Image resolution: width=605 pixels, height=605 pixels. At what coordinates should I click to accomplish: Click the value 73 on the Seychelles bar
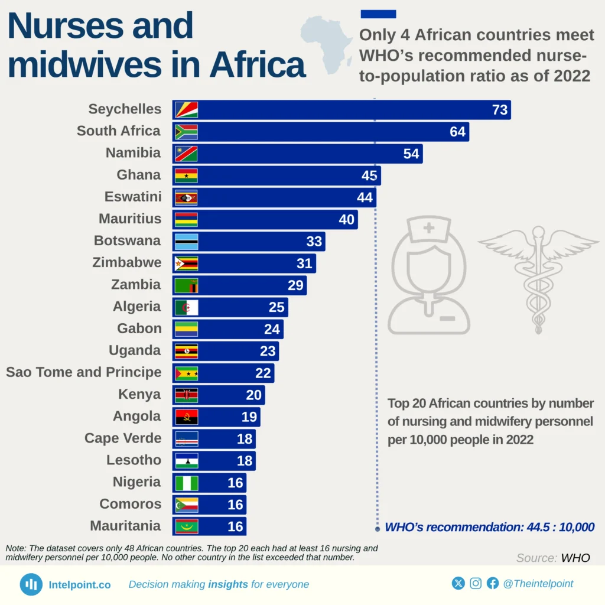click(x=500, y=110)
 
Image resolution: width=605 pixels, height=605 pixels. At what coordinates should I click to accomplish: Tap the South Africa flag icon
click(x=186, y=132)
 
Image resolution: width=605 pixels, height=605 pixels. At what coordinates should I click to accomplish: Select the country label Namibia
click(x=133, y=153)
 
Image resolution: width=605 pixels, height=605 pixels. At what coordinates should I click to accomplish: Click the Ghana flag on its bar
click(x=186, y=175)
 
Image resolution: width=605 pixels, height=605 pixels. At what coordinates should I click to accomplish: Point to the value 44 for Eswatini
click(x=365, y=197)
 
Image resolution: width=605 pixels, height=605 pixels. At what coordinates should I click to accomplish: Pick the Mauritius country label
click(x=129, y=219)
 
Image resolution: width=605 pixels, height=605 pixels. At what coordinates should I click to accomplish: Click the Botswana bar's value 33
click(x=314, y=241)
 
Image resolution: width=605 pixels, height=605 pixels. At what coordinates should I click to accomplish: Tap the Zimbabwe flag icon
click(x=186, y=263)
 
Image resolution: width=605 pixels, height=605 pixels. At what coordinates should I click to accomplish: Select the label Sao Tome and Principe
click(x=83, y=372)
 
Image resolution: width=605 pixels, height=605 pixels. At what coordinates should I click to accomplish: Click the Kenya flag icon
click(x=186, y=395)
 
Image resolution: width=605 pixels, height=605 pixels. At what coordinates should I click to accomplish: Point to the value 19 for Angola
click(x=249, y=417)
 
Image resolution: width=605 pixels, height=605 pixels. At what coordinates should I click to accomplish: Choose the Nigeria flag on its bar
click(x=186, y=483)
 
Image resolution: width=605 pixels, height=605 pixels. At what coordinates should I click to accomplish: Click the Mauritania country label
click(x=125, y=526)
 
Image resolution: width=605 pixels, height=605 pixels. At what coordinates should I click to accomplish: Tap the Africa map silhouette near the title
click(x=326, y=44)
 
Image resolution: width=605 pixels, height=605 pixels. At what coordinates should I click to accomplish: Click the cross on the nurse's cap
click(x=428, y=227)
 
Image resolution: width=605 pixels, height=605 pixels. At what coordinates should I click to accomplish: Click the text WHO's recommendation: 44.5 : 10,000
click(x=489, y=527)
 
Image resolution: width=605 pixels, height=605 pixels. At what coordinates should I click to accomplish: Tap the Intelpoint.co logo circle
click(x=31, y=584)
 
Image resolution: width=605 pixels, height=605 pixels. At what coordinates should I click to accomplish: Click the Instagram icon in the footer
click(x=476, y=584)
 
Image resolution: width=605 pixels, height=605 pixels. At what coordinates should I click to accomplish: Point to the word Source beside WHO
click(x=536, y=558)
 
